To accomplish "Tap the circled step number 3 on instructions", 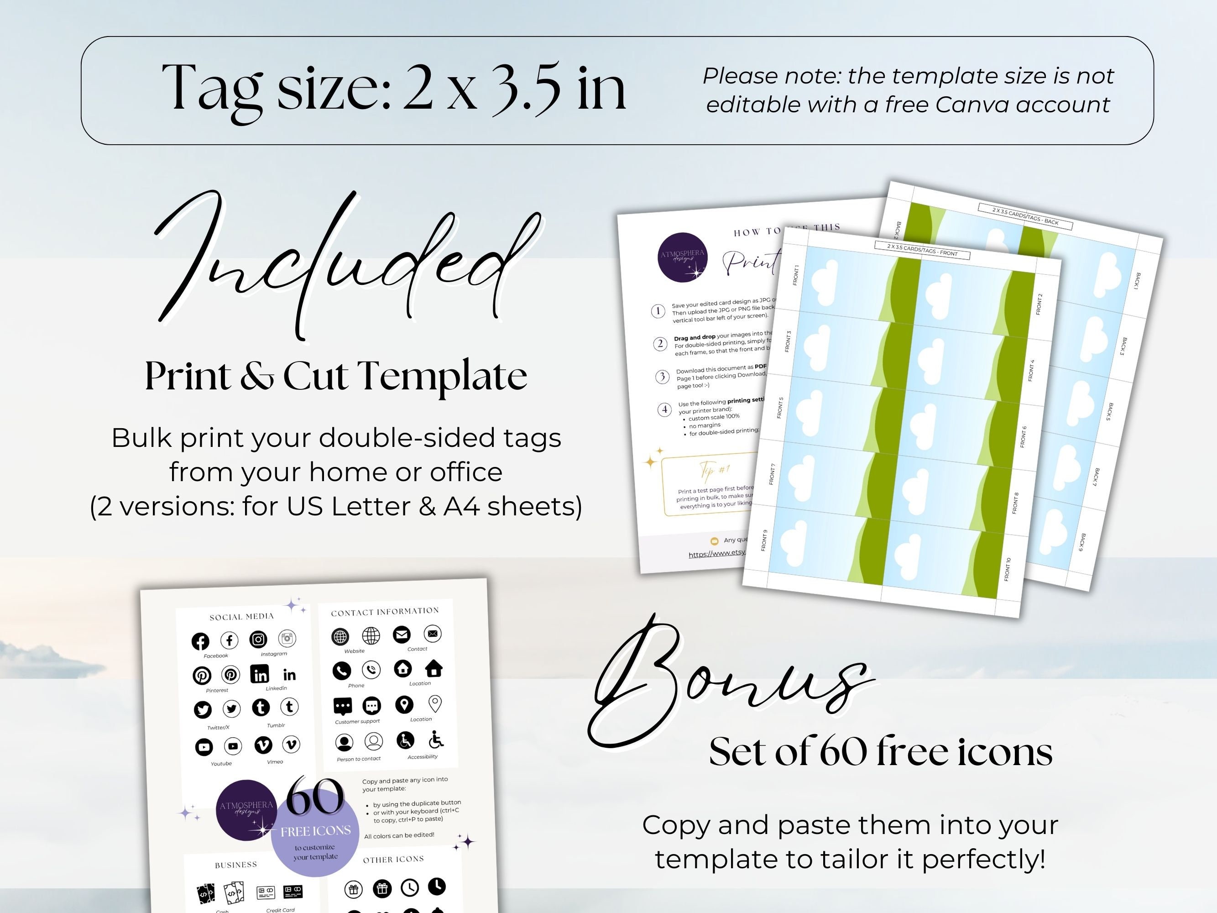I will (x=662, y=377).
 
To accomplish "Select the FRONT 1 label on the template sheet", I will (x=795, y=275).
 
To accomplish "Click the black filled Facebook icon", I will (x=200, y=641).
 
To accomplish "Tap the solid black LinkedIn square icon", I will (x=260, y=674).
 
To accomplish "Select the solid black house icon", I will (x=434, y=668).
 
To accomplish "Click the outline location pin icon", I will (x=434, y=703).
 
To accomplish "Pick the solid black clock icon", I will (x=437, y=886).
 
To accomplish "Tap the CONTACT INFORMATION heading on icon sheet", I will (x=385, y=611).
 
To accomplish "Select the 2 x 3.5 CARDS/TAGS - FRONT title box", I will (x=922, y=250).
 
